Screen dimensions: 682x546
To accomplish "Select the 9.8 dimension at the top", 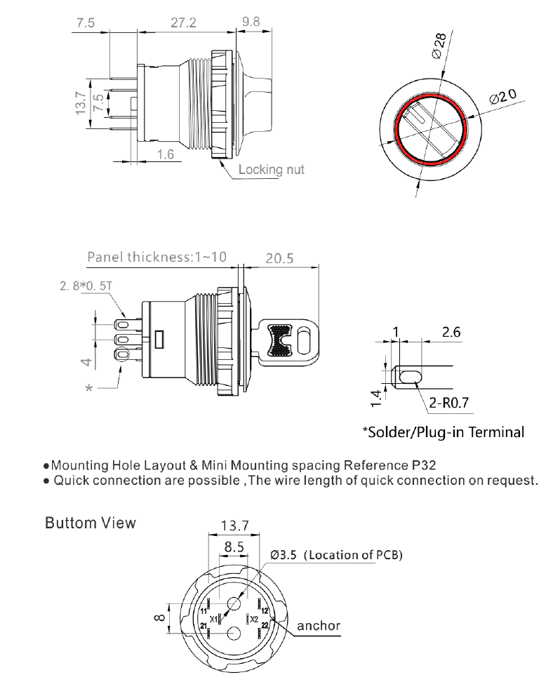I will (x=251, y=21).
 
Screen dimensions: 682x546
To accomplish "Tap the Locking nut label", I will (x=272, y=170).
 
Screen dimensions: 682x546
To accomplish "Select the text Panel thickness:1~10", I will (x=157, y=258).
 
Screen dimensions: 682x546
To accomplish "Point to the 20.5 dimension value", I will (x=279, y=258).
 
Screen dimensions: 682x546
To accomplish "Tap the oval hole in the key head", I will (x=303, y=342).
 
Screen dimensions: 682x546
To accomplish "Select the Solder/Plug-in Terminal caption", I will (x=444, y=432).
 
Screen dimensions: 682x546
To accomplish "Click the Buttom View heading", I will (x=90, y=524).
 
